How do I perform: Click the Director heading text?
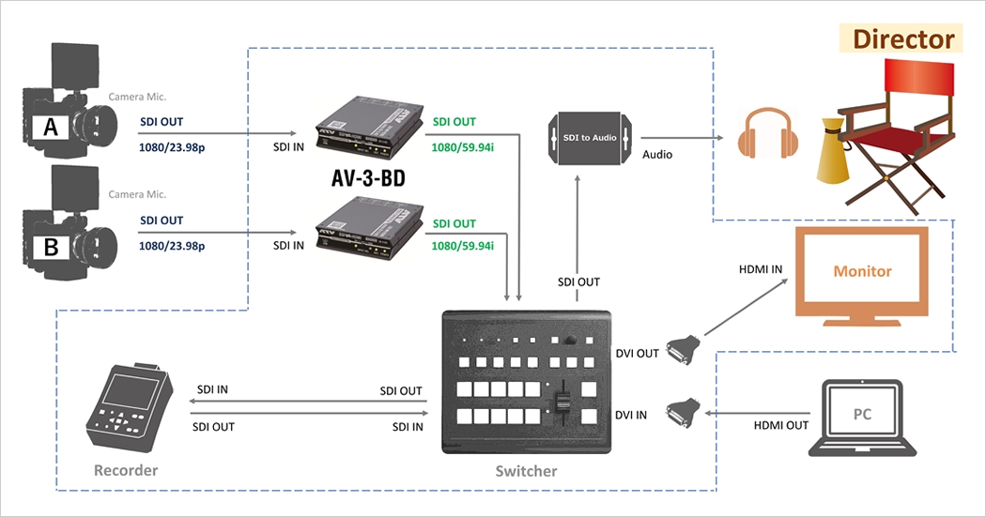[903, 39]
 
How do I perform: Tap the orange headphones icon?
[767, 133]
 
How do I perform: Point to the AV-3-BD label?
[367, 178]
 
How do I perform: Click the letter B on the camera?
[51, 248]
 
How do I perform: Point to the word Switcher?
[526, 471]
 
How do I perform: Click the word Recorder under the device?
[126, 469]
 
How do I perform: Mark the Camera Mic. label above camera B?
[137, 194]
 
